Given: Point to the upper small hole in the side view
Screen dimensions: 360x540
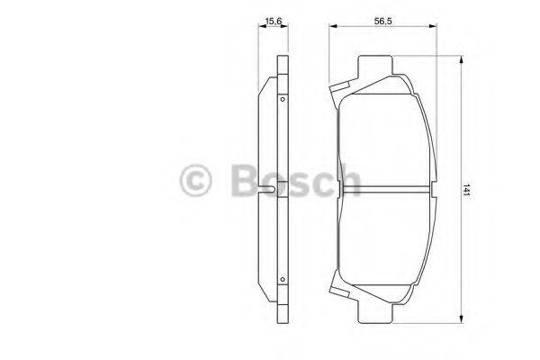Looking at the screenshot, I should click(283, 100).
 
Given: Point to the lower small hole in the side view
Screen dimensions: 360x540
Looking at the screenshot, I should click(283, 280).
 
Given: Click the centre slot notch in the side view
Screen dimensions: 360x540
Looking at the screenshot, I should click(272, 189).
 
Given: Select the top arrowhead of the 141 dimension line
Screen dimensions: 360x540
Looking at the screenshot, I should click(462, 61).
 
